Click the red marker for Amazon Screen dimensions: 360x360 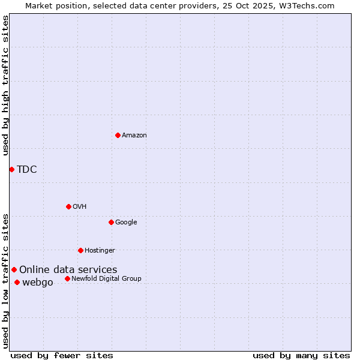(118, 135)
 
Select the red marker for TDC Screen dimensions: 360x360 (11, 169)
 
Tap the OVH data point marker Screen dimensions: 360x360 (68, 206)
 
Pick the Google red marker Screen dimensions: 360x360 (111, 222)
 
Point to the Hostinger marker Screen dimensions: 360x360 (80, 250)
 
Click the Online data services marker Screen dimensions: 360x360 (14, 269)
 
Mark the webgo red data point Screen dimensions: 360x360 (17, 282)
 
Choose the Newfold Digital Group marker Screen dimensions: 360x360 (67, 278)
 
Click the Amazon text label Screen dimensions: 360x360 (134, 136)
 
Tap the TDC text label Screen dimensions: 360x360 (27, 169)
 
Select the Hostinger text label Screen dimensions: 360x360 (100, 250)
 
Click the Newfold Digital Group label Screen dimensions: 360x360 (106, 278)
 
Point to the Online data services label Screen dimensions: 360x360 (68, 269)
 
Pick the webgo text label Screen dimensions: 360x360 (38, 282)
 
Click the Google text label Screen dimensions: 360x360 (126, 222)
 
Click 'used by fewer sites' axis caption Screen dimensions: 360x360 (62, 355)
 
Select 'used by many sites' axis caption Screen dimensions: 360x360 (301, 355)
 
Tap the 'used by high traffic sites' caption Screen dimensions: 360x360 (5, 85)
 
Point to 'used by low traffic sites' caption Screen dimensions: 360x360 (5, 281)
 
